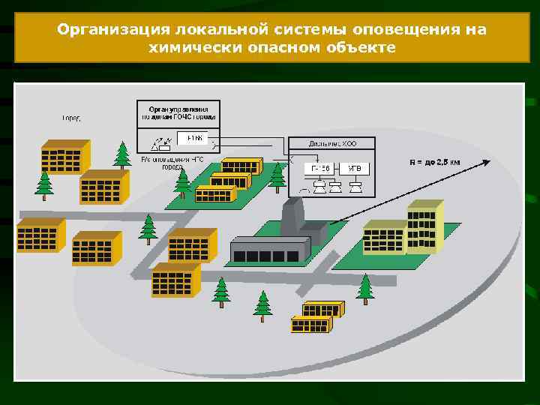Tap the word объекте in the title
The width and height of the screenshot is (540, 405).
click(358, 48)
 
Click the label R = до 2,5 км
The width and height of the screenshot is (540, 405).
click(434, 162)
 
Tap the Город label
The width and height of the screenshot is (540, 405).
click(71, 118)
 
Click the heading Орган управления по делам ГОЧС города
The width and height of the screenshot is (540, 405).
click(178, 112)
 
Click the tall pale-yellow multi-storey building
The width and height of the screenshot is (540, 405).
click(424, 225)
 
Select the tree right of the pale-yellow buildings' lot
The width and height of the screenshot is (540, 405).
click(365, 288)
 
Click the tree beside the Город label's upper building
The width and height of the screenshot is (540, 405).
click(122, 155)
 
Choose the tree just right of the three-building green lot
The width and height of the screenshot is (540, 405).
click(278, 177)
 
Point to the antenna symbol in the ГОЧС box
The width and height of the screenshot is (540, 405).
click(157, 141)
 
